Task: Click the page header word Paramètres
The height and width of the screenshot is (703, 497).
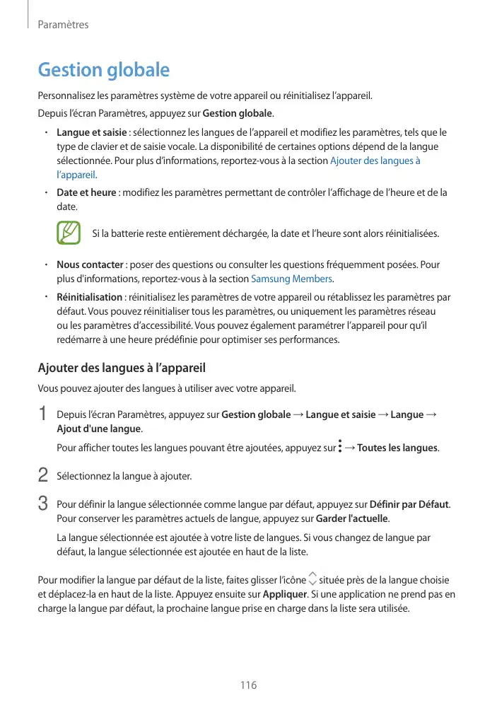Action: click(63, 25)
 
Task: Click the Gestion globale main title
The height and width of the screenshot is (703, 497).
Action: click(103, 70)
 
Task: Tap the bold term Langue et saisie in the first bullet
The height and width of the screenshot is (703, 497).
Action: click(91, 133)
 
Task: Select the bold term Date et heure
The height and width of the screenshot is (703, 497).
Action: click(86, 193)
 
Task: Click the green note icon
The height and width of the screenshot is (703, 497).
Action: click(69, 233)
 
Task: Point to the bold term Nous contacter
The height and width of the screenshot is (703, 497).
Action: click(90, 265)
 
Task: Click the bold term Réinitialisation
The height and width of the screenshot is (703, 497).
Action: click(89, 297)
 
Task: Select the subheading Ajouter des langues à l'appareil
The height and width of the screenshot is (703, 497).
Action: click(121, 368)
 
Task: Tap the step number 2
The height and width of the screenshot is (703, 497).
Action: click(42, 475)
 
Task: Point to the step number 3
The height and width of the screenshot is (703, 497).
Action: click(42, 504)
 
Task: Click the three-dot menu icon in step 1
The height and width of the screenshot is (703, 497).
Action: click(340, 448)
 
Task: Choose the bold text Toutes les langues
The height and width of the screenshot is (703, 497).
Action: click(398, 448)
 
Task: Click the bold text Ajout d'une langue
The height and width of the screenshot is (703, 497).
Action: click(99, 429)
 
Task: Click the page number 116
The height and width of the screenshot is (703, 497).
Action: click(248, 685)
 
